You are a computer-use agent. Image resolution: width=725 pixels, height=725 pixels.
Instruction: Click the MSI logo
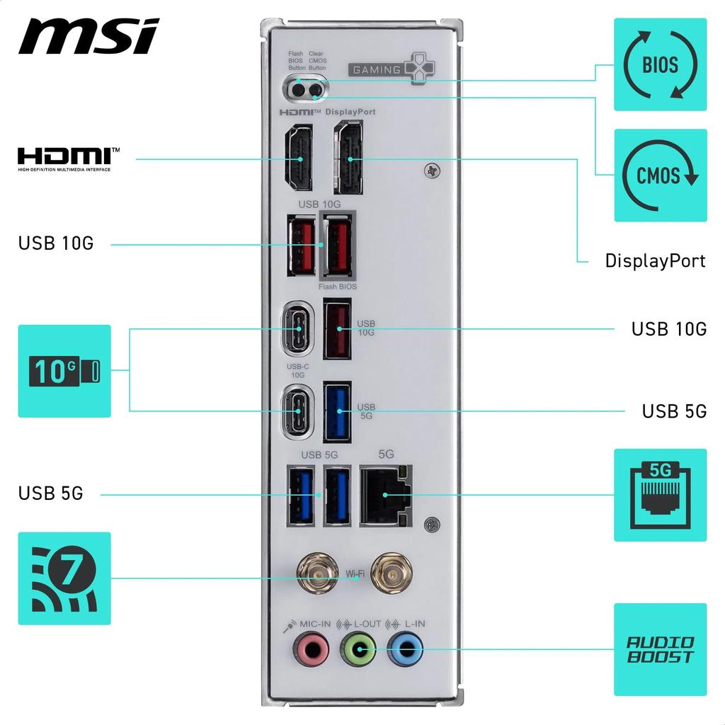point(89,36)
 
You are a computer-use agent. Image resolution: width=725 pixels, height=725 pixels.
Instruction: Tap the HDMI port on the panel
point(299,159)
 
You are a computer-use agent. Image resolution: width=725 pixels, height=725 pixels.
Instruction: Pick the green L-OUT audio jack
point(358,649)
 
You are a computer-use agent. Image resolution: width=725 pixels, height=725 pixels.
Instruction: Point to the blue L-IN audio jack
point(406,649)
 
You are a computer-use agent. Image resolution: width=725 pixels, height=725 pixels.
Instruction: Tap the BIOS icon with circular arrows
point(660,64)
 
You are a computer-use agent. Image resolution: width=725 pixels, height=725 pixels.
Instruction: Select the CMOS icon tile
point(660,175)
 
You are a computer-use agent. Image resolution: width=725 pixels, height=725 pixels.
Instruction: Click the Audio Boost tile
point(660,649)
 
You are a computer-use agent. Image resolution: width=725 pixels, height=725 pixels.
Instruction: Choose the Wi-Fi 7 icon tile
point(64,578)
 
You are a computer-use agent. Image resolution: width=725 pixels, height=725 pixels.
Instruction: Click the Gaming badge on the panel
point(392,69)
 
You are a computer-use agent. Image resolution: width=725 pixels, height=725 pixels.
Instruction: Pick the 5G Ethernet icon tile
point(660,495)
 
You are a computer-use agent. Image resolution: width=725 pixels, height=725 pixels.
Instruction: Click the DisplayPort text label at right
point(655,261)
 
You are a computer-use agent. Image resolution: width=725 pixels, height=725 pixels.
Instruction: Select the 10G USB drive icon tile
point(64,370)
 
